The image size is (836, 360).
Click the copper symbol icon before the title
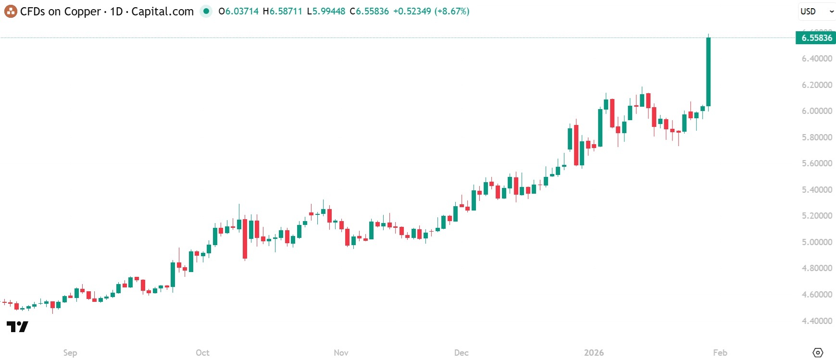pos(10,11)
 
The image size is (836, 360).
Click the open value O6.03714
pos(238,11)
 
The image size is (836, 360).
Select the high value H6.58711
pos(282,11)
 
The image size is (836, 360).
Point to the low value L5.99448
pos(326,11)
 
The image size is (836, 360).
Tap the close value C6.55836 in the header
pos(369,11)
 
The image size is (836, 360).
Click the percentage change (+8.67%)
pos(451,11)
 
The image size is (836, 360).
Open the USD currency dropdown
pos(816,12)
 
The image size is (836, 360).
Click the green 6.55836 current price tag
pos(816,38)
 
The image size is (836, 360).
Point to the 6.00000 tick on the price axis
pos(816,111)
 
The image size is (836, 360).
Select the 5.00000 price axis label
pos(816,242)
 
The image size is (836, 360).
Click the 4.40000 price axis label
pos(816,321)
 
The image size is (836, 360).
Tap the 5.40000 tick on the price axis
pos(816,190)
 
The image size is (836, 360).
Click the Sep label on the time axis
pos(70,353)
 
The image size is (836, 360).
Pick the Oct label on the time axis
pos(202,353)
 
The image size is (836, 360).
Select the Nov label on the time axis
pos(341,353)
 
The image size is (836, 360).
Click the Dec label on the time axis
pos(461,353)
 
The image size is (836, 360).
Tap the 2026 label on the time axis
pos(594,353)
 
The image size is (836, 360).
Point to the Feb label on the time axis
pos(720,353)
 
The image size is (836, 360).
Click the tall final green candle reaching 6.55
pos(709,72)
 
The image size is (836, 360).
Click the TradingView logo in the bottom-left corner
pos(17,327)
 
